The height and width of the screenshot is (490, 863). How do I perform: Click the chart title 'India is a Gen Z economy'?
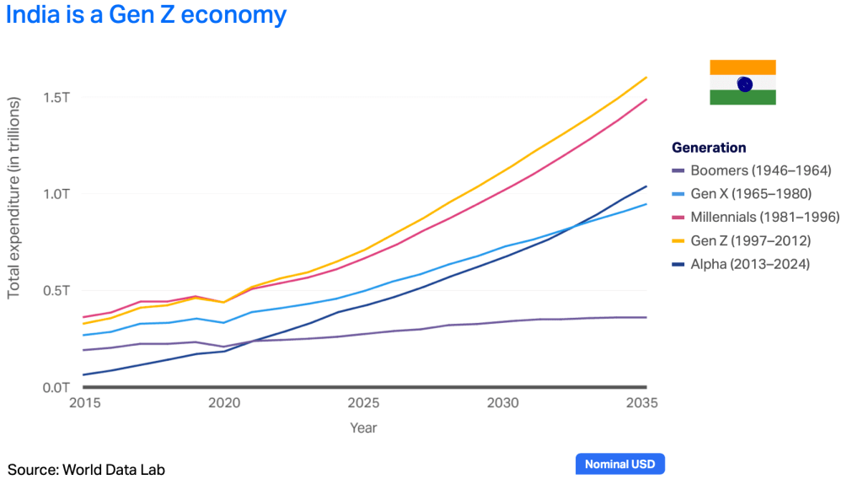[x=146, y=15]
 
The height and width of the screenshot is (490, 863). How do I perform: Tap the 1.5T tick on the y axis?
[x=56, y=97]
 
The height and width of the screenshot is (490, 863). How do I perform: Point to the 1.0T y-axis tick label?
[x=56, y=194]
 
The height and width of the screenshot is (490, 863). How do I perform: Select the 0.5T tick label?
[x=56, y=291]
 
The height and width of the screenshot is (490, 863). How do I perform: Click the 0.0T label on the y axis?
[x=56, y=388]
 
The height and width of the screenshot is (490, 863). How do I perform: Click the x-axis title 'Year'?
[x=364, y=428]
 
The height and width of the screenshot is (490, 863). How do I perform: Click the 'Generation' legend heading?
[x=709, y=148]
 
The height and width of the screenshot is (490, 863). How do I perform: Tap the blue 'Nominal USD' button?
[x=620, y=464]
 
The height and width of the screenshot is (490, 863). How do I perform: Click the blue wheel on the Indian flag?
[x=744, y=83]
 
